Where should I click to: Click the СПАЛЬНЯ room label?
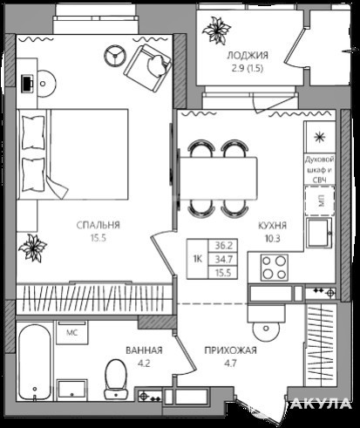98,225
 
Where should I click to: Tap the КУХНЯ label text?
272,226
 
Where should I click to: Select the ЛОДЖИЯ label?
248,55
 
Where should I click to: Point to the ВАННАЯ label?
144,350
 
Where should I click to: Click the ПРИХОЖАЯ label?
230,350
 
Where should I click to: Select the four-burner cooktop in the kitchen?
274,268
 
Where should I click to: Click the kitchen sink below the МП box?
319,233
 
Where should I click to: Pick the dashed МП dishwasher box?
320,200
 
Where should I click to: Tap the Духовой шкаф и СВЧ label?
320,170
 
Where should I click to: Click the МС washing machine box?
72,332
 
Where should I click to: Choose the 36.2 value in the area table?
223,246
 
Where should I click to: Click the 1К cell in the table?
198,259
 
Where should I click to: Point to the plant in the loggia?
216,31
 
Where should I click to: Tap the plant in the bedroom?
32,248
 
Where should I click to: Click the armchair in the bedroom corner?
147,67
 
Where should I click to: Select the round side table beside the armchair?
115,55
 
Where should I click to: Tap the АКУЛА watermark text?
321,404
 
